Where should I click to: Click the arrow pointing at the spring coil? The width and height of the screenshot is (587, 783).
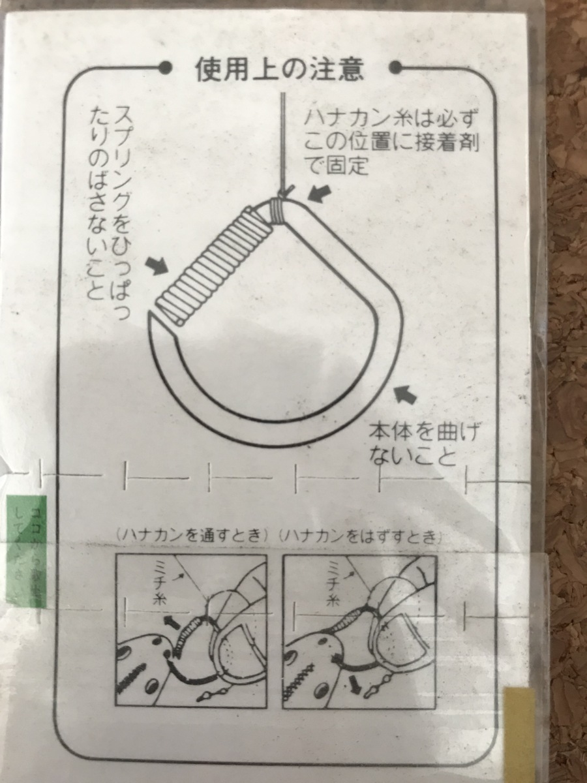(155, 265)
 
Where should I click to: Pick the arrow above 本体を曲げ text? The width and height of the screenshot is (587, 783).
(405, 395)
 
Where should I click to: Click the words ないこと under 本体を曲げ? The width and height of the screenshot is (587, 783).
(411, 457)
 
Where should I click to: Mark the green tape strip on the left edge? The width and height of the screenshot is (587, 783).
(25, 551)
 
